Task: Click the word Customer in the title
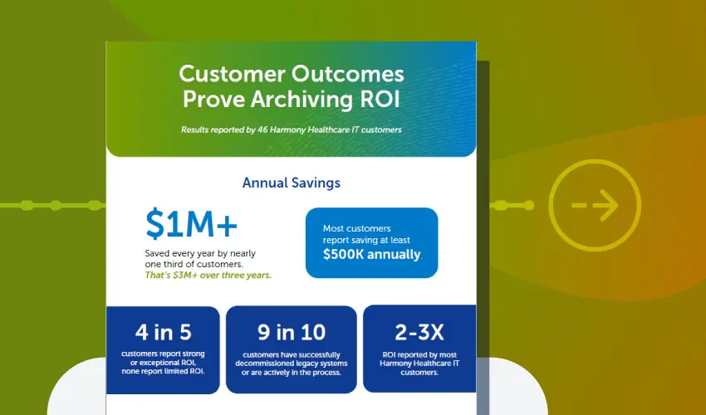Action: [x=232, y=74]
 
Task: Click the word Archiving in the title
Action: [x=302, y=99]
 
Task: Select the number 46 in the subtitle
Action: [x=263, y=129]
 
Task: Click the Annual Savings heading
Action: [x=292, y=183]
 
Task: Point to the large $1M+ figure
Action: [x=191, y=224]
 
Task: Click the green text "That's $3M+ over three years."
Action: [x=208, y=275]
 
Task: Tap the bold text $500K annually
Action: [x=372, y=254]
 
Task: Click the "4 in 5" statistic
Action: [x=164, y=333]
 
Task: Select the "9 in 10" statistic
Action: [x=292, y=333]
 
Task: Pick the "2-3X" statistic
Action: [x=419, y=333]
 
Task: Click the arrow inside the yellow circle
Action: [x=595, y=205]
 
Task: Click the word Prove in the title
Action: [x=213, y=99]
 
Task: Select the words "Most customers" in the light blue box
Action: [x=356, y=228]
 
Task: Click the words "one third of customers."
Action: [x=194, y=264]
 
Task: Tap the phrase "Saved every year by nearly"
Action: [x=200, y=253]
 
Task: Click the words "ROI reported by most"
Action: [x=419, y=355]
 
